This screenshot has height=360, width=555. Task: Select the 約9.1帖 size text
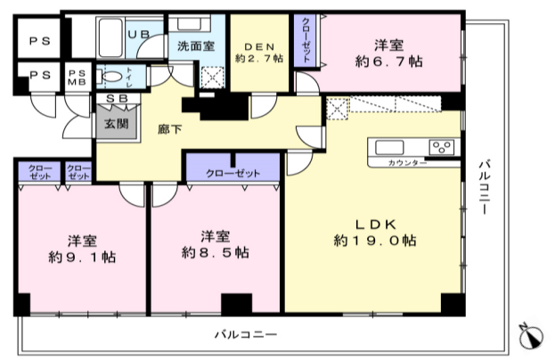[82, 257]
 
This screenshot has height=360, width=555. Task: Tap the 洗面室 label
[195, 45]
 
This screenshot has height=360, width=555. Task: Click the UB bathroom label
[143, 34]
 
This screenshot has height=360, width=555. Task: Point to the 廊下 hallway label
[169, 129]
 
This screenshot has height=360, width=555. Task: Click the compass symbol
[532, 336]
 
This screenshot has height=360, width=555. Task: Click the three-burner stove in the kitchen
[439, 147]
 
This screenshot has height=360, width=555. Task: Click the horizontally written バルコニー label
[245, 335]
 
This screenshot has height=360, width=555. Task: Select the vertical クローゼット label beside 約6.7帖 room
[306, 41]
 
